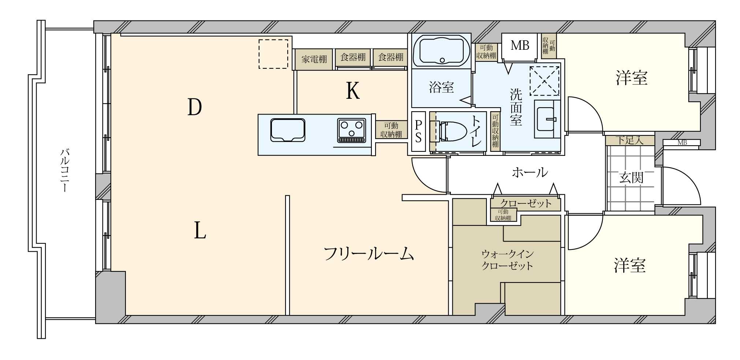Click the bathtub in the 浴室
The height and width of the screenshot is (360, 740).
point(442,51)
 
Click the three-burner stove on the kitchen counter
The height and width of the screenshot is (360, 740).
point(352,130)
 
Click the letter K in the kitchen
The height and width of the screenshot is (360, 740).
point(353,91)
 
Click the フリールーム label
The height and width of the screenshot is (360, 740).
point(369,254)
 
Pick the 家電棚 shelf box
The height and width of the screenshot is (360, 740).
point(314,59)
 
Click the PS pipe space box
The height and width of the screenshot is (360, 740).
point(418,131)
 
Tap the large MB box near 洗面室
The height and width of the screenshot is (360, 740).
point(520,46)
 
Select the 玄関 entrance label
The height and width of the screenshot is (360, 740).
point(631,178)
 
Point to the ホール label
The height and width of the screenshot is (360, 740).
point(530,172)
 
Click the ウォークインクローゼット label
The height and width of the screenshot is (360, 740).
point(507,260)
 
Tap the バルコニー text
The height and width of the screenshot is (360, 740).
point(64,170)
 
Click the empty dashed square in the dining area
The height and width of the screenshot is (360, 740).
point(273,54)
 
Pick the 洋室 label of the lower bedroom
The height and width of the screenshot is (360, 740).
point(629,266)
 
